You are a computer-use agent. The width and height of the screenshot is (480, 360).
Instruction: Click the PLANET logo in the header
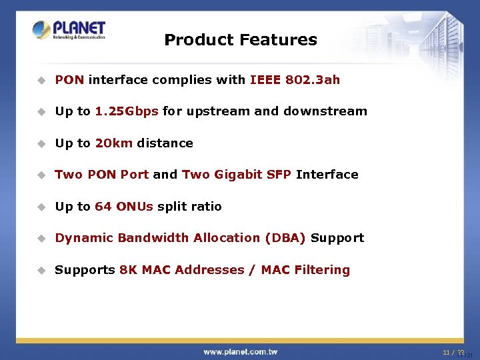(x=69, y=30)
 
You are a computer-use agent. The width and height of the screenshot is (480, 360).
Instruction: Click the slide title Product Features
(x=240, y=40)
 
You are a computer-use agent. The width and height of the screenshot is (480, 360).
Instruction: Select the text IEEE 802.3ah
(x=295, y=80)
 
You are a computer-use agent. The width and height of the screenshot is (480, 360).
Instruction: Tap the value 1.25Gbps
(x=127, y=111)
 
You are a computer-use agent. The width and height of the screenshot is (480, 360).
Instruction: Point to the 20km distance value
(x=114, y=143)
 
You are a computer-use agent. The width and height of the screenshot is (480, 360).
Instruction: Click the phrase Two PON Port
(x=101, y=175)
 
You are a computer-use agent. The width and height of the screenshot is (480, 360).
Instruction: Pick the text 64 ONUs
(x=124, y=207)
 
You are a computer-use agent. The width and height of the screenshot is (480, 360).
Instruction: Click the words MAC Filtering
(x=305, y=270)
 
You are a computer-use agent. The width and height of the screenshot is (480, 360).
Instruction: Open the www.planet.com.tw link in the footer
(x=240, y=351)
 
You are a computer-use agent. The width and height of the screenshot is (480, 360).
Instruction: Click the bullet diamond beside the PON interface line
(x=41, y=80)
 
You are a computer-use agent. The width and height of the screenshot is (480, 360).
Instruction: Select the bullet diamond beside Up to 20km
(x=41, y=143)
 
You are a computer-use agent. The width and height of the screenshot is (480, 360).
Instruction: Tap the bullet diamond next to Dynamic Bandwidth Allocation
(x=41, y=238)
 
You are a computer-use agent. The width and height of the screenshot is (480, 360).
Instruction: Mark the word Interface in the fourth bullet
(x=327, y=175)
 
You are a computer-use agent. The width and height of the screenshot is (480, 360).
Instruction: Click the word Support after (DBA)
(x=337, y=238)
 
